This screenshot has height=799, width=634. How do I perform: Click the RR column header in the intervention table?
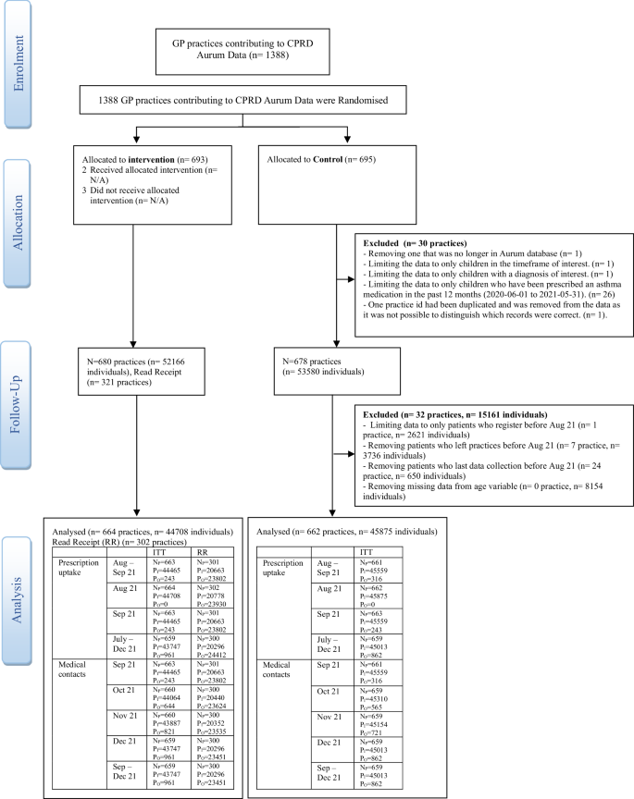(x=204, y=553)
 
